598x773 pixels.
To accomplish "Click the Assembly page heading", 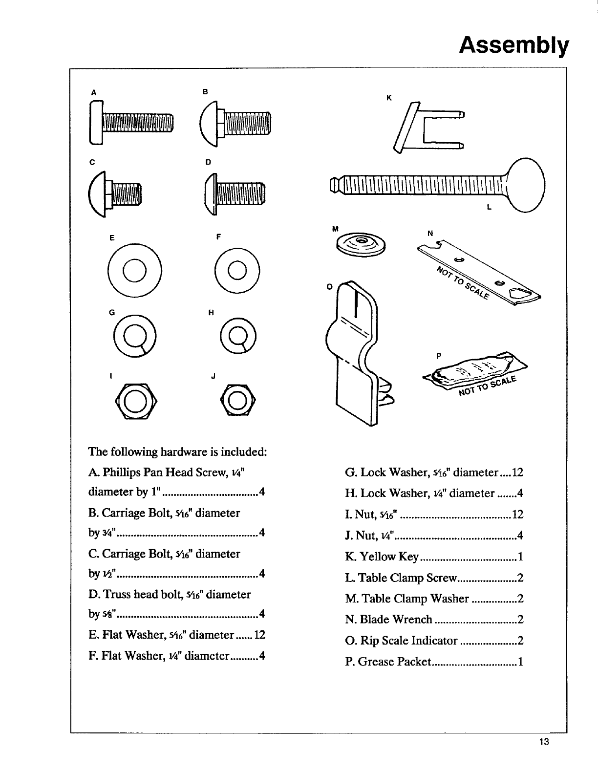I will tap(514, 45).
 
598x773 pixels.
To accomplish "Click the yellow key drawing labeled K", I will tap(428, 127).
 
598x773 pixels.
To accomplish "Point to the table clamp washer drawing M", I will tap(361, 242).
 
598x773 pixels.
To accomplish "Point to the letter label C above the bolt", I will tap(91, 162).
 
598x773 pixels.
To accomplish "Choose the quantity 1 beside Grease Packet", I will tap(520, 662).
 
